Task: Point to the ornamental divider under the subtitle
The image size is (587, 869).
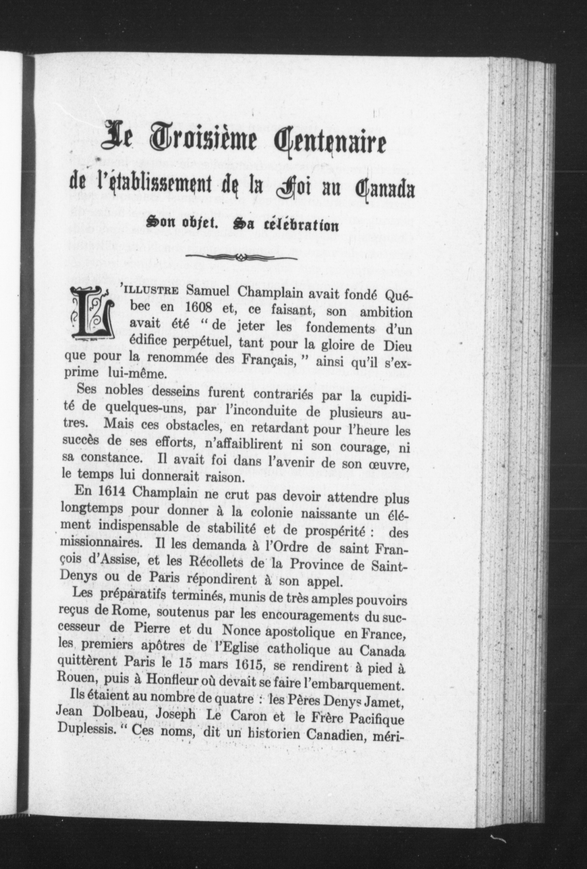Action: pyautogui.click(x=241, y=257)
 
